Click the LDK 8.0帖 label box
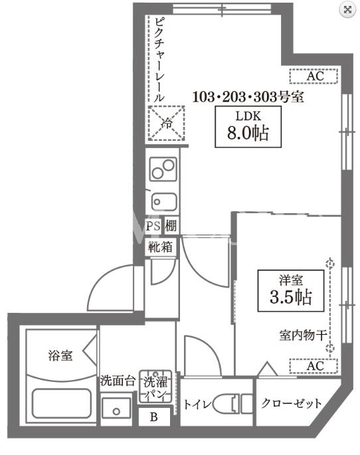click(248, 127)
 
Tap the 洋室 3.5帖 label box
click(291, 291)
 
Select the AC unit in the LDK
click(314, 76)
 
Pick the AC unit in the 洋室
click(314, 366)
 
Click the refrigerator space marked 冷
click(166, 124)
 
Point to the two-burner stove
click(163, 169)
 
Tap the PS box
click(153, 225)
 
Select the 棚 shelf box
click(171, 225)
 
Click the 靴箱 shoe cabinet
click(161, 247)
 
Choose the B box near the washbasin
click(154, 416)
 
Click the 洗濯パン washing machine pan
click(156, 387)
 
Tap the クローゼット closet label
click(291, 403)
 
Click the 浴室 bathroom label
click(60, 355)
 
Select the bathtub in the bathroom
click(62, 403)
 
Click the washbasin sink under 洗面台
click(116, 409)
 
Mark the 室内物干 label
click(303, 335)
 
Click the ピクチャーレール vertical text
click(159, 60)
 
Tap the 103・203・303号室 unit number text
click(248, 96)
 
